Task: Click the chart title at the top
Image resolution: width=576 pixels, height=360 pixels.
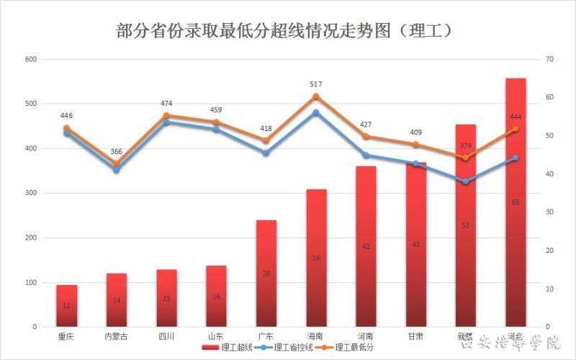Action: (x=286, y=31)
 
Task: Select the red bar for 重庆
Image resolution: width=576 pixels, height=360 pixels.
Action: (x=67, y=306)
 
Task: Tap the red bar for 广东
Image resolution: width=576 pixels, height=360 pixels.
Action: (x=266, y=274)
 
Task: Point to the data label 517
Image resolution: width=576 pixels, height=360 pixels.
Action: (x=316, y=84)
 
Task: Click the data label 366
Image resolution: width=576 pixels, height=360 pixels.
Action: (x=117, y=152)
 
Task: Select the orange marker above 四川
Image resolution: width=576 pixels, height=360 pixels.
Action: (x=166, y=115)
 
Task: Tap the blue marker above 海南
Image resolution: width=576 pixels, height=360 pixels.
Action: (x=316, y=112)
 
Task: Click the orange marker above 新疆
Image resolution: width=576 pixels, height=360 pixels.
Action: (x=465, y=158)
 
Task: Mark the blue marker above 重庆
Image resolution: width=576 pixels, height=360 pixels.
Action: (x=67, y=133)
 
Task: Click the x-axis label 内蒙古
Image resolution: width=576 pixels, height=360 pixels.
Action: (x=117, y=336)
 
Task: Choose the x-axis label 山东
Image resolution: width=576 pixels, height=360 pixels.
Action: (x=216, y=336)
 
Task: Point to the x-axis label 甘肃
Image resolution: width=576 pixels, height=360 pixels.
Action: (x=415, y=336)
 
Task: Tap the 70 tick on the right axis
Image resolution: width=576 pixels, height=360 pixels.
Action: (x=549, y=59)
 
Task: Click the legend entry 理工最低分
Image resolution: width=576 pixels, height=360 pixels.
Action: (x=354, y=348)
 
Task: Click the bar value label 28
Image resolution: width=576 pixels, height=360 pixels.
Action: (x=266, y=273)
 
